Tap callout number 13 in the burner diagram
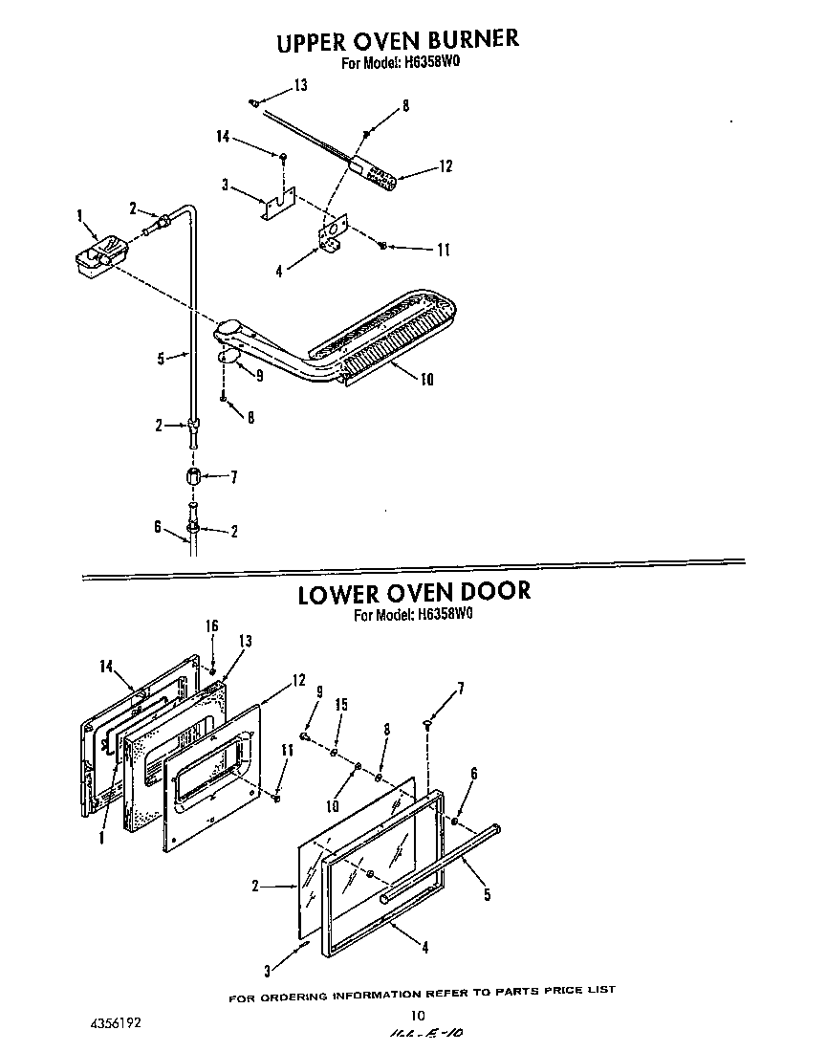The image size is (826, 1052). [x=300, y=86]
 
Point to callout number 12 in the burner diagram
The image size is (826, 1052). [x=445, y=166]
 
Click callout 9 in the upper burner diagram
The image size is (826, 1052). [x=257, y=376]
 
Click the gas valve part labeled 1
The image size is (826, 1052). [x=98, y=255]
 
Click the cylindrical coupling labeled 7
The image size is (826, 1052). [x=194, y=476]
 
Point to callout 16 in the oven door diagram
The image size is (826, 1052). [x=212, y=625]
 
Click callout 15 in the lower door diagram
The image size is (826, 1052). [x=340, y=705]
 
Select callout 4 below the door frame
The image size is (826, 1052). [x=424, y=948]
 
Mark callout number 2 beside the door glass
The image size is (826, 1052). [x=256, y=887]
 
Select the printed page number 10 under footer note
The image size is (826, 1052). [x=417, y=1016]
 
